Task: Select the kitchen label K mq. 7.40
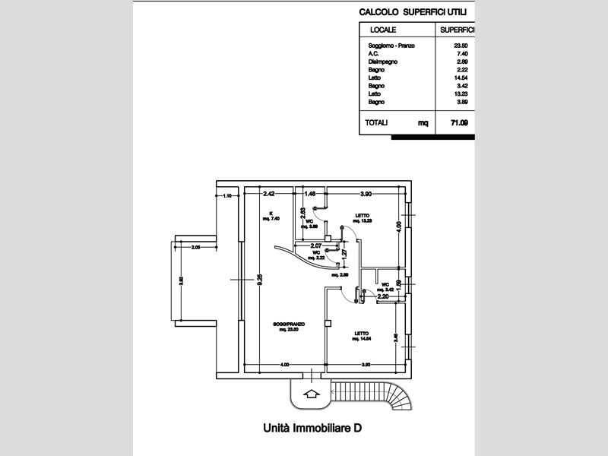271,216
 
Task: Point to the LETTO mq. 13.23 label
363,218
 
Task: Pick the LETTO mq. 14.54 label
362,335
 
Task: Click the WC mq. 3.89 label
311,223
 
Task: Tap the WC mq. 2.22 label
315,255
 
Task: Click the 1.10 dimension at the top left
227,196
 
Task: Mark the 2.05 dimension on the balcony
196,247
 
